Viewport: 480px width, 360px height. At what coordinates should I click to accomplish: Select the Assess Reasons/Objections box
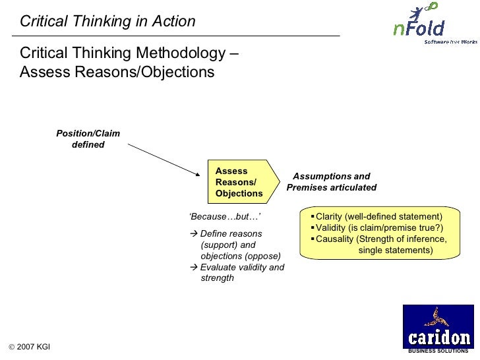[239, 182]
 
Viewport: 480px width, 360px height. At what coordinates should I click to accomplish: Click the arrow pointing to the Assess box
[164, 160]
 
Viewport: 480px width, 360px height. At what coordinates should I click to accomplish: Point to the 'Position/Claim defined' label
[88, 139]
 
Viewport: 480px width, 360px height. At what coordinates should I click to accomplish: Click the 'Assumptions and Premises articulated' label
[332, 182]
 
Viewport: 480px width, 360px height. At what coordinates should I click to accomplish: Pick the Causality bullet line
[380, 239]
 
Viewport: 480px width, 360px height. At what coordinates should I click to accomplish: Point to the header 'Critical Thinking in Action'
[107, 21]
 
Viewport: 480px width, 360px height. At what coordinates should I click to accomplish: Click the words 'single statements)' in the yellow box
[396, 250]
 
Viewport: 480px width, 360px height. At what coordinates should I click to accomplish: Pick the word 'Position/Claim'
[88, 134]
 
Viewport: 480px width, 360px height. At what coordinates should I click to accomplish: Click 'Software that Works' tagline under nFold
[451, 42]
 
